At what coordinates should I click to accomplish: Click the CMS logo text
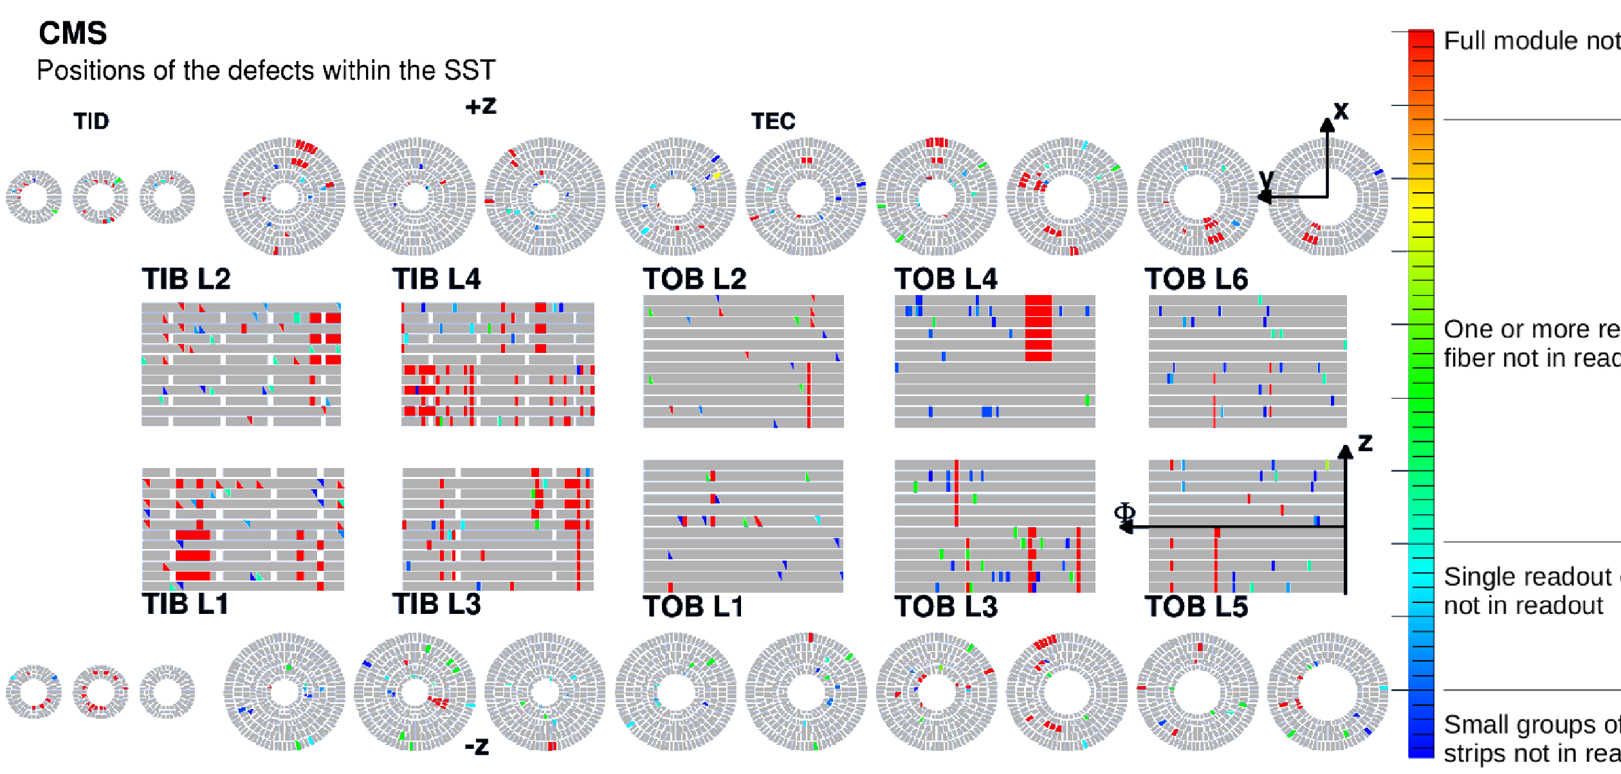click(73, 33)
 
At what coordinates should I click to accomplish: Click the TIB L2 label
click(186, 279)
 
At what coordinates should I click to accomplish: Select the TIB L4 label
click(437, 279)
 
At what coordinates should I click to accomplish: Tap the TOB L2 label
click(695, 279)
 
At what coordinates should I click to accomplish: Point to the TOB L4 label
click(946, 279)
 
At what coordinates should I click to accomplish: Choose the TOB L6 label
click(1196, 279)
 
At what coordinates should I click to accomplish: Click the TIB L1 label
click(185, 604)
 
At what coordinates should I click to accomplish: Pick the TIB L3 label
click(437, 604)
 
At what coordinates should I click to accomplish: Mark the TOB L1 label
click(693, 607)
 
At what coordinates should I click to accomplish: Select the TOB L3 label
click(946, 607)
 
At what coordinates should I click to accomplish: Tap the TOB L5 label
click(1196, 607)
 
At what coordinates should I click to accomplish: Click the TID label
click(91, 122)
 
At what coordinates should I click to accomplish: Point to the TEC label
click(773, 122)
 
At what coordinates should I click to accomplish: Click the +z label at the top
click(481, 106)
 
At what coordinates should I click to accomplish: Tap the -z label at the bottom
click(477, 746)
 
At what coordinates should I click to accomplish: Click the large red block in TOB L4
click(1038, 328)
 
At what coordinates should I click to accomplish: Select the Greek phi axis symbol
click(1124, 512)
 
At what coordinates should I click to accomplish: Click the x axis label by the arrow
click(1341, 111)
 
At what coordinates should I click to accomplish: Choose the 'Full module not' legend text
click(1531, 41)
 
